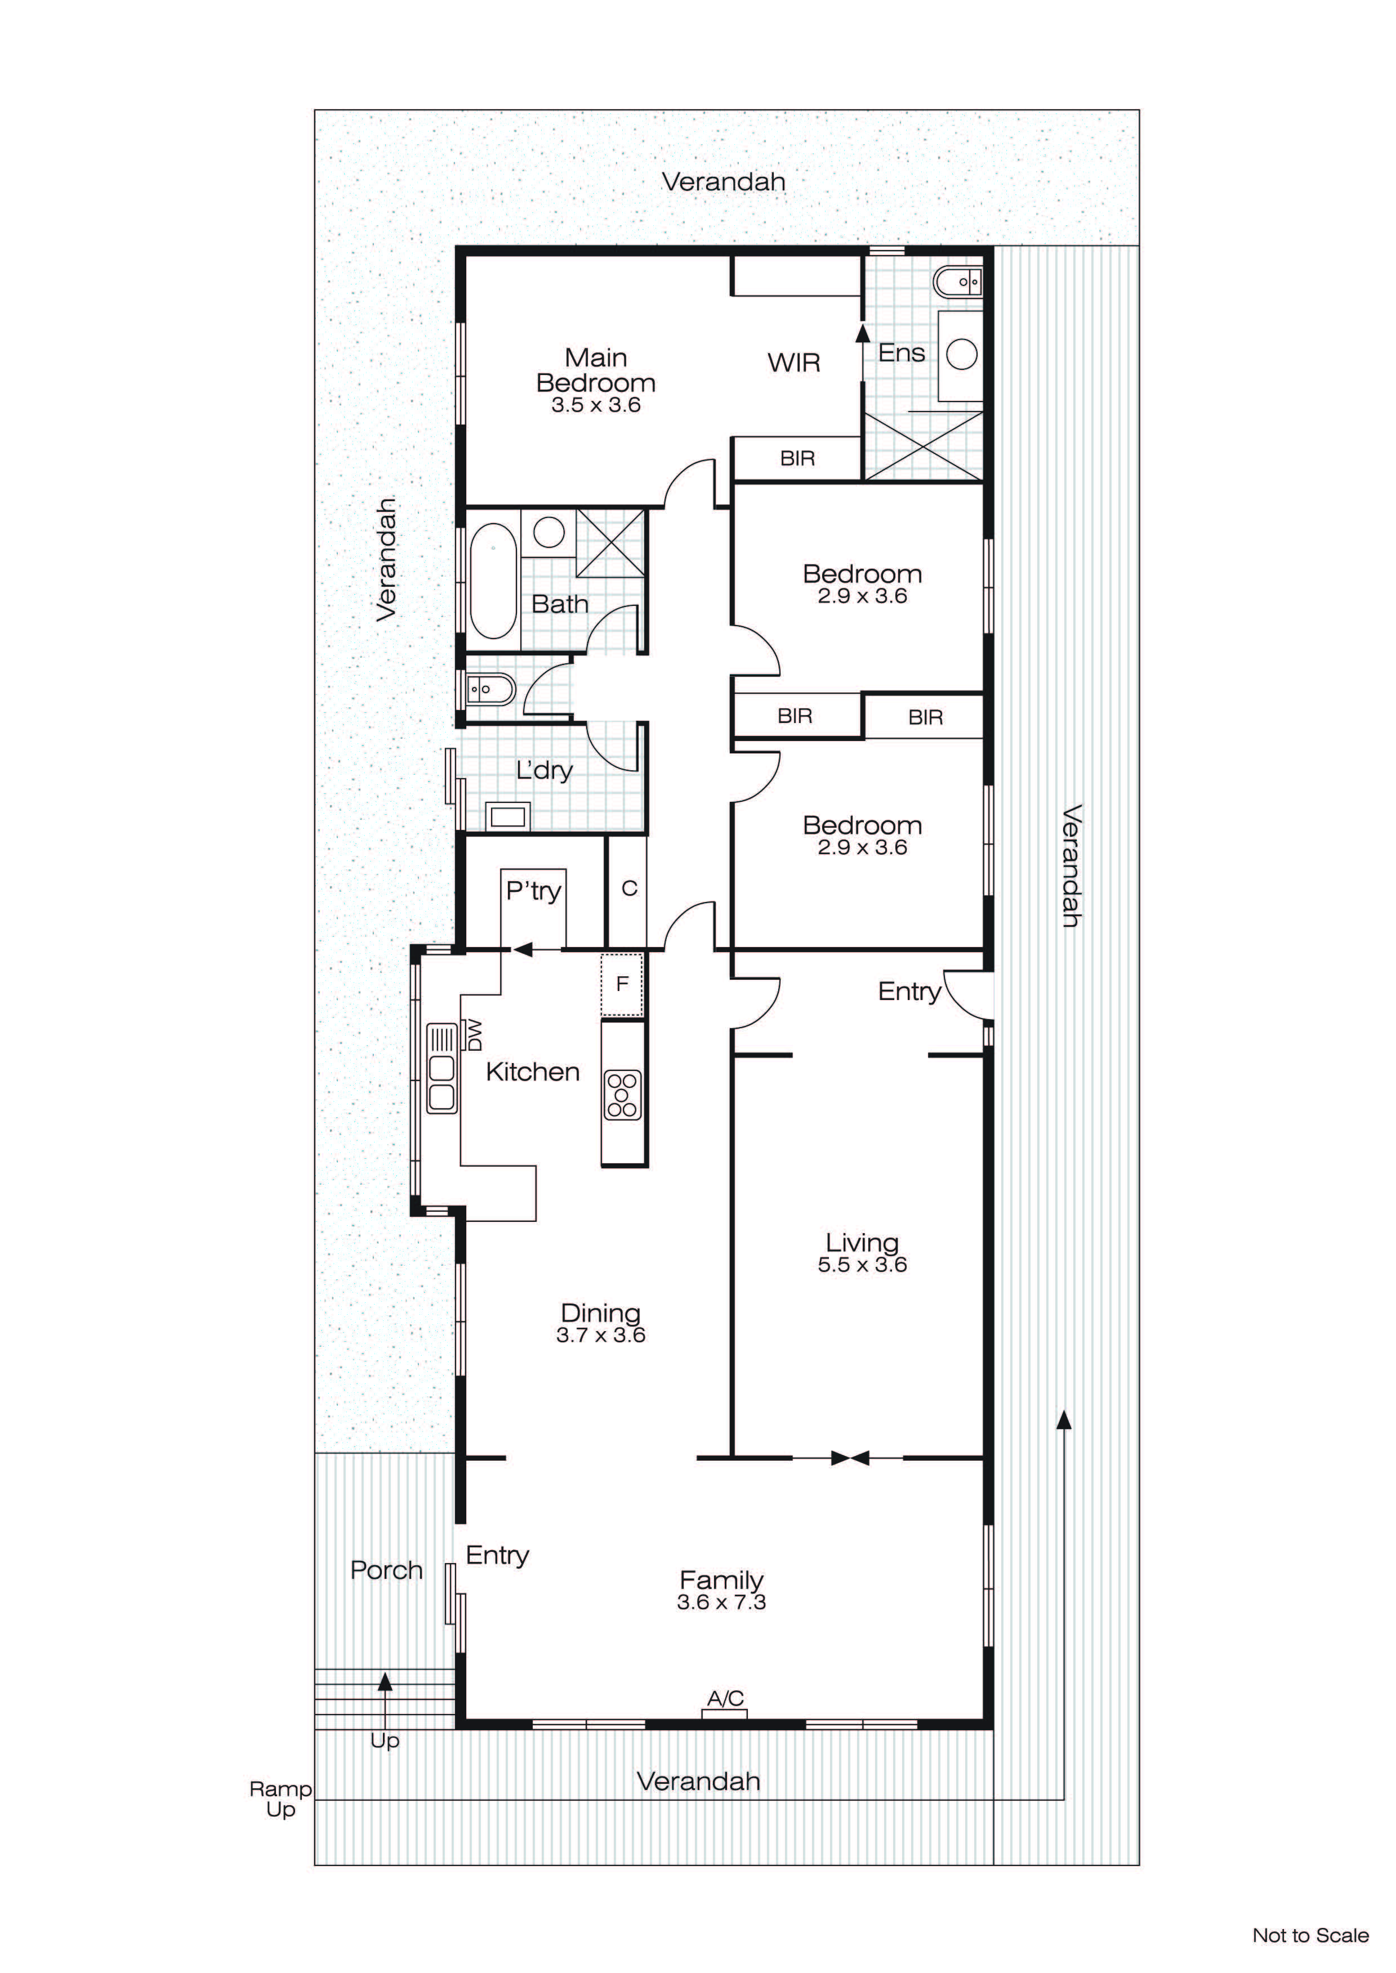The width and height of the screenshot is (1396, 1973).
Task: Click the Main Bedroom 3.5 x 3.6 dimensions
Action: coord(596,405)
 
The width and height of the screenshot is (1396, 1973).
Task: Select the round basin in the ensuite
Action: coord(961,354)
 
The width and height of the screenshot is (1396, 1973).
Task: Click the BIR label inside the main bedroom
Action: coord(797,459)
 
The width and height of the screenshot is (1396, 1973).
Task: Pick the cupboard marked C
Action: coord(628,889)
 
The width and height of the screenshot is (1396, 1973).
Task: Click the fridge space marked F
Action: coord(622,984)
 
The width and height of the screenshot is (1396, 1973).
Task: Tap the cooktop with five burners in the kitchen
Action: coord(622,1095)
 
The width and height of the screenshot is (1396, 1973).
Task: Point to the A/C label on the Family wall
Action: coord(725,1699)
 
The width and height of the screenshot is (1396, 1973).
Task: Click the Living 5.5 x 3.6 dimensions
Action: coord(862,1264)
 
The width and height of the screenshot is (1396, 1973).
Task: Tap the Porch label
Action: coord(386,1571)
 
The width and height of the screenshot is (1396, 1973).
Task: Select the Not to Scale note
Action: coord(1309,1935)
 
